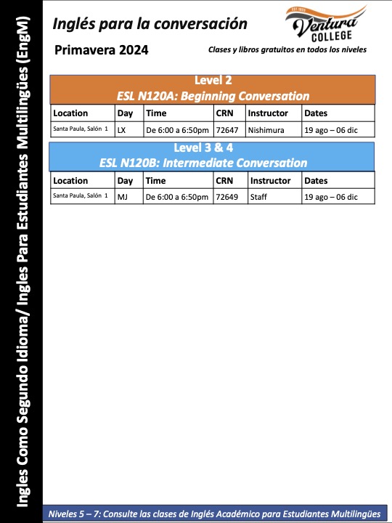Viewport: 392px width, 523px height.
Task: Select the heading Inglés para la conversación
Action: (x=150, y=24)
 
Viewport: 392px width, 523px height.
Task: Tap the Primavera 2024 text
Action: (x=102, y=50)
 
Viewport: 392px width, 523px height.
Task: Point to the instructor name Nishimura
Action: (x=266, y=130)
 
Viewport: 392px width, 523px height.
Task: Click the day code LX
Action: (x=121, y=130)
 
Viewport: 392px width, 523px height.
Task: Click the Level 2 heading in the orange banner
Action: (x=213, y=81)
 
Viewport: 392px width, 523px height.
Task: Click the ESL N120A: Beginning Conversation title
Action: (x=213, y=96)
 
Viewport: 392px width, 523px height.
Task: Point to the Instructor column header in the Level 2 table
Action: (x=268, y=113)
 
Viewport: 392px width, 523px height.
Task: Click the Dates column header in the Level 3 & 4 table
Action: (x=317, y=180)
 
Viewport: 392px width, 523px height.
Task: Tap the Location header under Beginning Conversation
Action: (x=70, y=113)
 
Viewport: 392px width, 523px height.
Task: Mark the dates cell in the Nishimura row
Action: (x=330, y=130)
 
